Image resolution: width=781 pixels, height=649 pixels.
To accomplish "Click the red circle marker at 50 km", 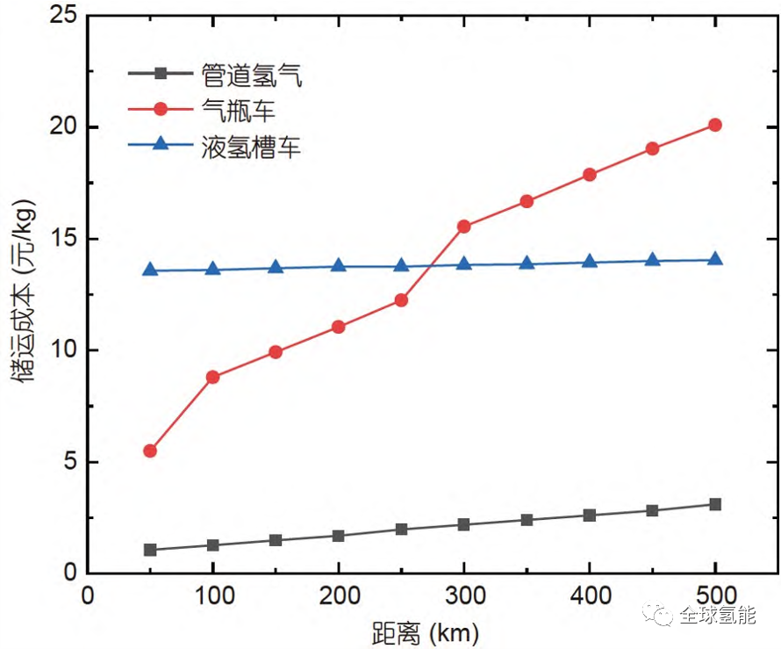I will [x=150, y=451].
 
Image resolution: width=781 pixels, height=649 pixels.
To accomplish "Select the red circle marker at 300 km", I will [x=464, y=227].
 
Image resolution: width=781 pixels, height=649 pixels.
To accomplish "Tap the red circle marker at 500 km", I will [x=715, y=125].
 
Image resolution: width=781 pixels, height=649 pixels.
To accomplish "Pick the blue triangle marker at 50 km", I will [x=150, y=270].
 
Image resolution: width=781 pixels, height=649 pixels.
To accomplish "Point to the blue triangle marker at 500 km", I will [x=715, y=259].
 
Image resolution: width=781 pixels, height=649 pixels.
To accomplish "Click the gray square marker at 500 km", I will [x=715, y=504].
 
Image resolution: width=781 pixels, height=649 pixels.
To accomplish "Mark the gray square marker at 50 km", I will [x=150, y=550].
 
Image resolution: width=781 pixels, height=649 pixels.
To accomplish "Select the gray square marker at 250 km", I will [x=401, y=529].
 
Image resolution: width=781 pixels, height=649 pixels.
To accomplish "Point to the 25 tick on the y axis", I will [x=63, y=16].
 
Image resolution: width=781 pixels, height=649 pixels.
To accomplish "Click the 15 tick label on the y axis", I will [x=63, y=239].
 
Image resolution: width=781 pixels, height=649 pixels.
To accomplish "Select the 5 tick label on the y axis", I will [x=69, y=462].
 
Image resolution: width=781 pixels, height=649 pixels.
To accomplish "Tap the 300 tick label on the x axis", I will [x=464, y=595].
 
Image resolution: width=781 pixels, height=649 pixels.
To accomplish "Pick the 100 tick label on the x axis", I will [x=212, y=595].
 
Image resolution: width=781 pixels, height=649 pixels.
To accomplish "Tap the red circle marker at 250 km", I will [x=401, y=299].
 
